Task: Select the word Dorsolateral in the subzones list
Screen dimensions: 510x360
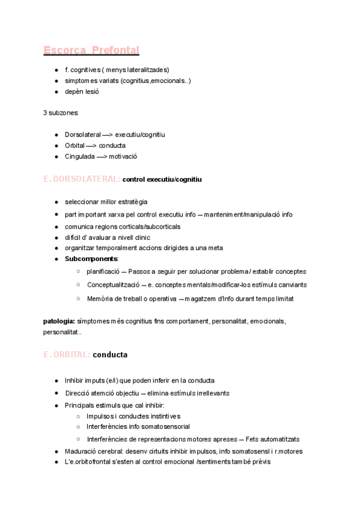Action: pos(83,135)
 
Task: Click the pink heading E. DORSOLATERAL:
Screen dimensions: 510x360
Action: pos(82,180)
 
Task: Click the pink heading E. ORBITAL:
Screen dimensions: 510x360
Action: pos(67,355)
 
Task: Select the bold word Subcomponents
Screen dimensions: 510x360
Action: pos(91,259)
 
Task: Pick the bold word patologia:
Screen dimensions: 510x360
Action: pos(59,321)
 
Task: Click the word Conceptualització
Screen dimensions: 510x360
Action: pos(114,285)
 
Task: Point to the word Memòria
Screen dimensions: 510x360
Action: pos(100,299)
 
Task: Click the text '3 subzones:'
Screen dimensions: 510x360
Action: pos(61,113)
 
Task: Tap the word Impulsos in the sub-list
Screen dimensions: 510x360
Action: pos(100,416)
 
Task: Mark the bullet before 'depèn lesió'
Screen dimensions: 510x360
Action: pos(56,91)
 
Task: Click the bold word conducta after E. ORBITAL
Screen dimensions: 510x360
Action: pos(110,355)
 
